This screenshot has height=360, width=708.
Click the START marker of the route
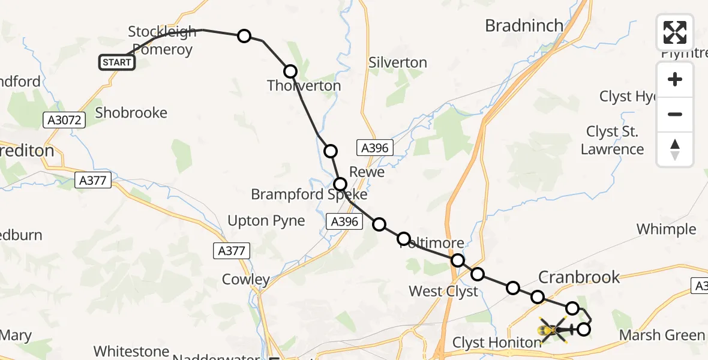[117, 62]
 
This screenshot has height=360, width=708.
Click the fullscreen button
[675, 32]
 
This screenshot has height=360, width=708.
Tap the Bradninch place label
[524, 26]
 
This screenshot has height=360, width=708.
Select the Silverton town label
[398, 62]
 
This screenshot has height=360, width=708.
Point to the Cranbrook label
[579, 277]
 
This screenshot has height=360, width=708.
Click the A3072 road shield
[65, 121]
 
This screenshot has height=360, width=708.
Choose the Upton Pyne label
[266, 221]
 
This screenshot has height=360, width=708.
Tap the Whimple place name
[666, 229]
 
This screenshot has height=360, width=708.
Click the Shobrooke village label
[131, 113]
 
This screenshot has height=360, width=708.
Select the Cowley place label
[246, 279]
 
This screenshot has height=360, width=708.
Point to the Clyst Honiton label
[497, 343]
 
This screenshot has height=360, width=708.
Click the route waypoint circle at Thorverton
[290, 71]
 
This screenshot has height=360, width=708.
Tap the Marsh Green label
[662, 335]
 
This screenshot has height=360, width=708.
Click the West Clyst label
[443, 292]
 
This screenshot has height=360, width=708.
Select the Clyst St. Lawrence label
[612, 140]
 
